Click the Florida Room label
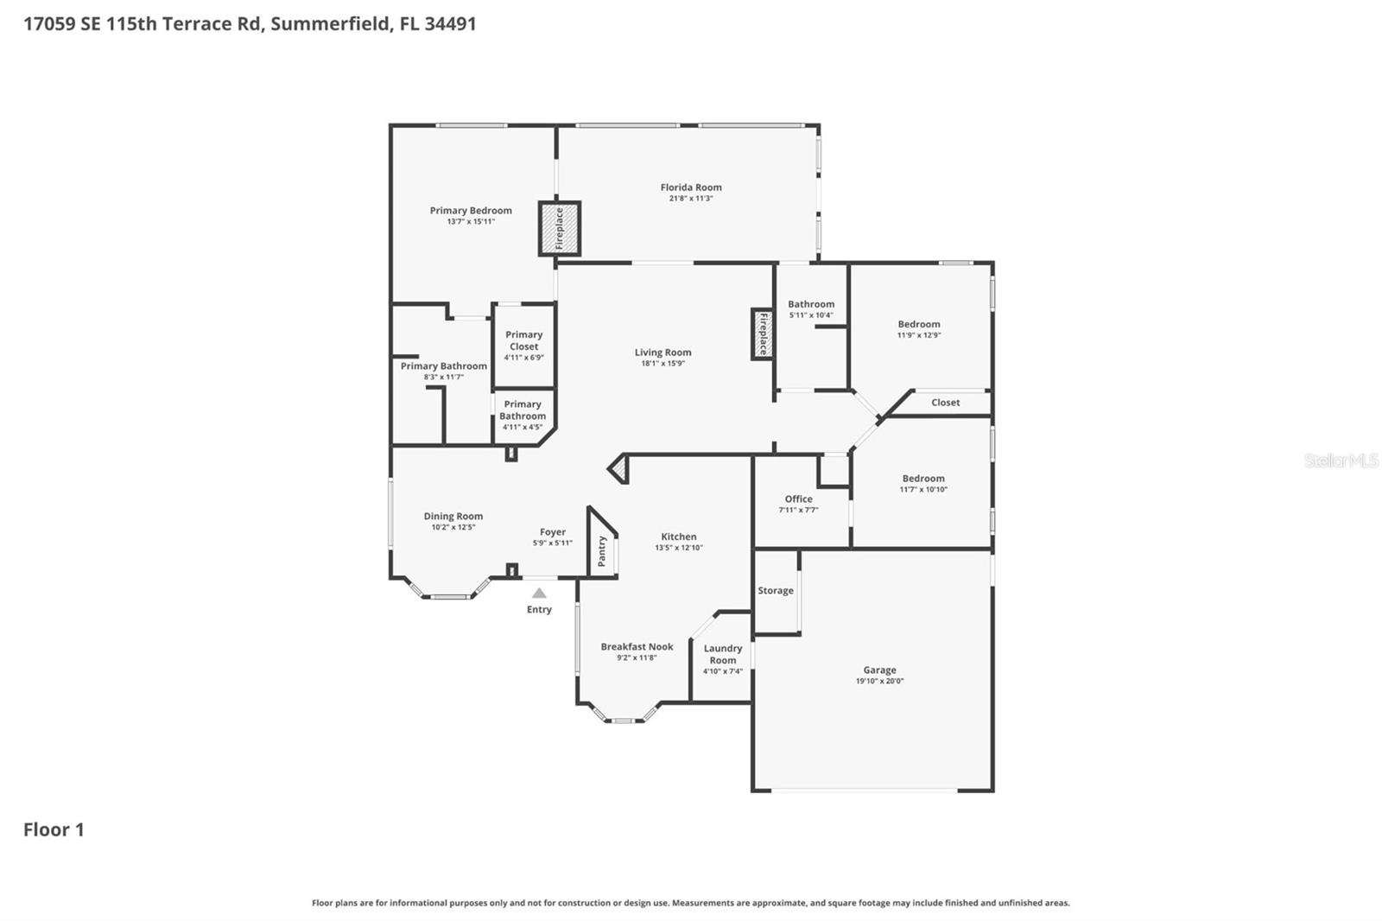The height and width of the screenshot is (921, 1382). click(x=691, y=187)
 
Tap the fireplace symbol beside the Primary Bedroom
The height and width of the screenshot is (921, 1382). click(x=559, y=229)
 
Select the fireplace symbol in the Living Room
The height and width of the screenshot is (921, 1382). click(x=762, y=334)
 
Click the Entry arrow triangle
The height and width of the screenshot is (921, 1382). click(x=539, y=593)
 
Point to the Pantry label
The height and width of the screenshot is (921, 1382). click(x=602, y=550)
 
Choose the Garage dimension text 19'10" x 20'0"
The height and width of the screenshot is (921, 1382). click(x=879, y=681)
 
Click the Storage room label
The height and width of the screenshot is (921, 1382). click(x=776, y=591)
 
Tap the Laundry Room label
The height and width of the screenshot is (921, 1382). click(x=723, y=654)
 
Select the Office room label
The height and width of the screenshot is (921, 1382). click(x=798, y=499)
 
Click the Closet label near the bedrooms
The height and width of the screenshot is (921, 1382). click(x=945, y=403)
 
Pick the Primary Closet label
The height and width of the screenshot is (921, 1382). click(x=523, y=340)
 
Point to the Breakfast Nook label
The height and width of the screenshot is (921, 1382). click(x=637, y=646)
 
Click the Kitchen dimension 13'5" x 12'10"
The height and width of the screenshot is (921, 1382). click(x=678, y=548)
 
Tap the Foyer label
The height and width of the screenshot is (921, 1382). click(x=553, y=532)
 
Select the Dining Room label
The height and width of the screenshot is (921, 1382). click(x=453, y=516)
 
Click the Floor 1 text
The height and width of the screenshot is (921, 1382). click(x=54, y=829)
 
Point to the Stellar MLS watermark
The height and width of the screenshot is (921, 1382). click(x=1341, y=460)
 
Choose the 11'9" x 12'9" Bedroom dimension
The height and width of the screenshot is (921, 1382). click(x=919, y=335)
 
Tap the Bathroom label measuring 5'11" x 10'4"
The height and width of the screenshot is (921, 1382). click(x=811, y=304)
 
